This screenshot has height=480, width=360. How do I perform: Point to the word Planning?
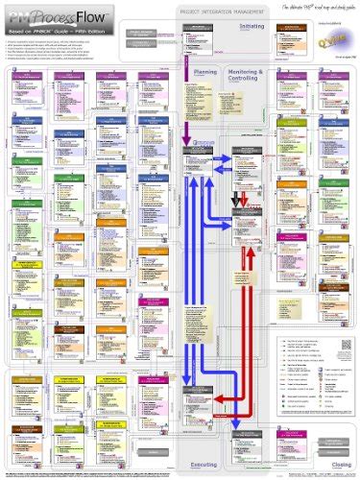tap(205, 73)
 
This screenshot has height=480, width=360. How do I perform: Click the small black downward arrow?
tap(237, 201)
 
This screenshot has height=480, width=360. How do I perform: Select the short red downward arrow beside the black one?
tap(247, 201)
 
